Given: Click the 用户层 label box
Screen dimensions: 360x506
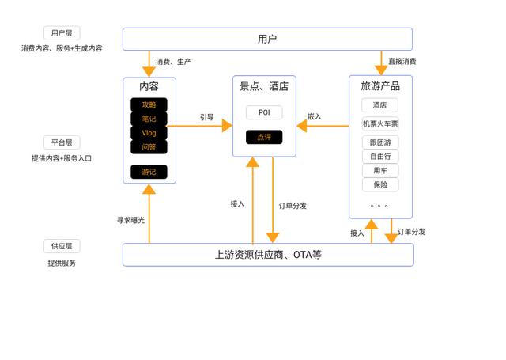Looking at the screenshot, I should pos(62,33).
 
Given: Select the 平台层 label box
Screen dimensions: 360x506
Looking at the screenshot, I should pos(62,142).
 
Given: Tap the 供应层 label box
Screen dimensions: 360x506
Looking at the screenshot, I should pos(62,247).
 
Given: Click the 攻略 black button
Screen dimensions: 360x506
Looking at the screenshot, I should pos(149,104).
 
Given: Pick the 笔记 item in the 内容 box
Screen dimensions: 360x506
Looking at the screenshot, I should pos(149,119).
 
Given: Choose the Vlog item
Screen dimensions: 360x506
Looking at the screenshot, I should pos(149,133).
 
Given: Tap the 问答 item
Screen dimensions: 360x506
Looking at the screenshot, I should pos(149,147).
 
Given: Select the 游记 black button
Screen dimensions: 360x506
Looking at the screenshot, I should pos(149,172).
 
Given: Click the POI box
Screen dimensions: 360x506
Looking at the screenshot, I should pos(264,112).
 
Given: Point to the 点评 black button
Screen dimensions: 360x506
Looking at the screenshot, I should pos(264,137).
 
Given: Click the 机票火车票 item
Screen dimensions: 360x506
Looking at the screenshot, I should pos(380,123).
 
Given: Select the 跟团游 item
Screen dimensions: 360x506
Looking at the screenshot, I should pos(380,142).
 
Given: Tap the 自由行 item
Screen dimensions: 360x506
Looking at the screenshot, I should pos(380,157).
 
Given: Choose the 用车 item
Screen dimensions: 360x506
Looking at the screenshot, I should pos(380,171).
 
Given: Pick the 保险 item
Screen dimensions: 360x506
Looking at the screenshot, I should pos(380,185).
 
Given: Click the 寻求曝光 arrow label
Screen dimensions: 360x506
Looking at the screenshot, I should pos(130,220).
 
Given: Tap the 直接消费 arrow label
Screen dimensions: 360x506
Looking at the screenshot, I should pos(402,61).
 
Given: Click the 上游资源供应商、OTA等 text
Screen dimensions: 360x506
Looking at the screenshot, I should pos(268,255).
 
